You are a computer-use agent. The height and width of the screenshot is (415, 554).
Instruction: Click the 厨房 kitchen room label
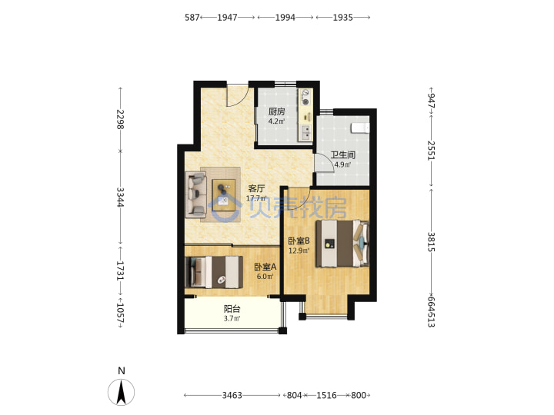coord(276,112)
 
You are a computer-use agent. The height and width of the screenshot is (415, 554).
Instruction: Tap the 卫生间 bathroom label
coord(342,155)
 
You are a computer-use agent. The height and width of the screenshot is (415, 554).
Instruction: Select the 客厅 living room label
coord(256,188)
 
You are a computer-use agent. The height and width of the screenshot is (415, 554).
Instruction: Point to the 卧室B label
coord(299,241)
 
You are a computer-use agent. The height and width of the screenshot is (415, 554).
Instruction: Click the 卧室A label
coord(265,267)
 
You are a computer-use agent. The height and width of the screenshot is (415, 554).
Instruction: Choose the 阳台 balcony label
coord(232,309)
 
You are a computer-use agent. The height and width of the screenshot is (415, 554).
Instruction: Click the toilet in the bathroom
coord(360,128)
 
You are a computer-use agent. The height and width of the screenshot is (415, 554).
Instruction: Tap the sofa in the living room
coord(195,194)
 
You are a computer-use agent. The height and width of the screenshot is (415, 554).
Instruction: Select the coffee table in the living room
coord(224,194)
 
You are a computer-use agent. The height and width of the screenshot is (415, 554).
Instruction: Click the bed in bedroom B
coord(342,244)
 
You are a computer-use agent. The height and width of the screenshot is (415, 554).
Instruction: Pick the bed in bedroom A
coord(214,272)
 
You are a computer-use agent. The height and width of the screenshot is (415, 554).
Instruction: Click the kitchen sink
coord(305,132)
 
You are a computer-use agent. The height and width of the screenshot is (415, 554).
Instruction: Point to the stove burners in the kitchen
coord(305,98)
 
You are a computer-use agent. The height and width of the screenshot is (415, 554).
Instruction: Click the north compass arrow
coord(122,392)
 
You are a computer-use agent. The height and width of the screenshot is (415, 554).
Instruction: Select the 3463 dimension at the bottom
coord(232,395)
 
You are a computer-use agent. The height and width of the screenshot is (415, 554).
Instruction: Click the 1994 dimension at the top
coord(285,17)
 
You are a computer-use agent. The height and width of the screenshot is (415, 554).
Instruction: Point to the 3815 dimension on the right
coord(431,242)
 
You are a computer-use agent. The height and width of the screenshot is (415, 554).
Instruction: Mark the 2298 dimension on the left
coord(121,119)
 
